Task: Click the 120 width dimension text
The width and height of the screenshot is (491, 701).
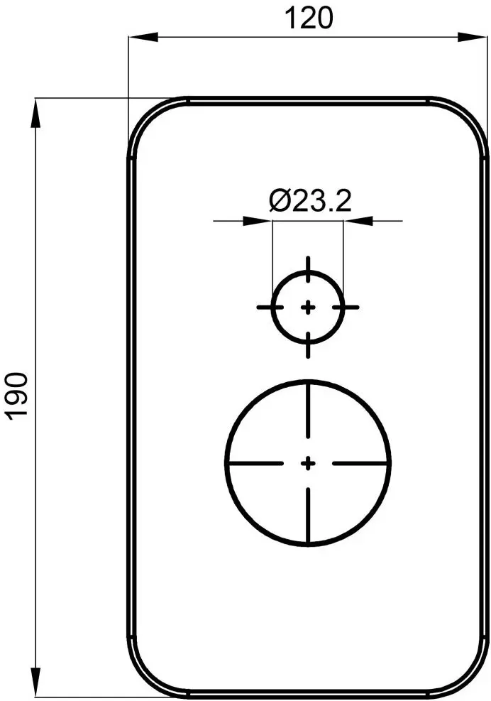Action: coord(308,18)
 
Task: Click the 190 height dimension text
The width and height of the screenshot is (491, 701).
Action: coord(18,395)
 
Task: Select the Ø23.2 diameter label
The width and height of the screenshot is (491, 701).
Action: coord(310,202)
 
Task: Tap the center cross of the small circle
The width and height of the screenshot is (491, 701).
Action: coord(308,307)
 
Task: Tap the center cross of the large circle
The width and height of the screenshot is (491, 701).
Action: coord(308,463)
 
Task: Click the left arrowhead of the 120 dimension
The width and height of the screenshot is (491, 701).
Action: coord(138,36)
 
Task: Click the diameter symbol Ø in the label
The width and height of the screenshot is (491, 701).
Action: coord(279,202)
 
